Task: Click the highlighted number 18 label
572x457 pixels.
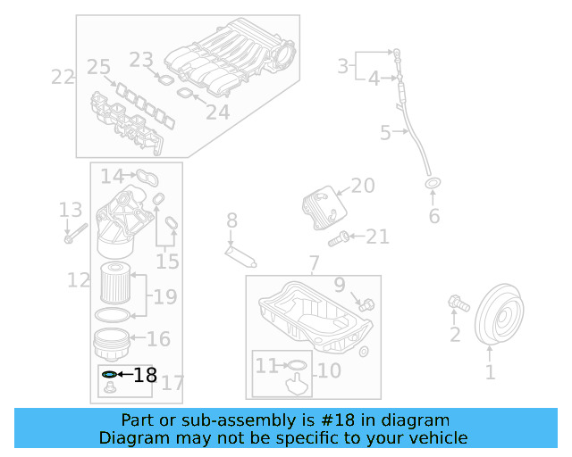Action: pos(145,375)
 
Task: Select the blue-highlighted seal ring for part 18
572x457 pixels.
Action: pos(109,375)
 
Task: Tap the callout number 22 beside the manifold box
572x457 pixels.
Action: pos(63,77)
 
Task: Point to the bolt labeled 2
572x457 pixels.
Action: pos(458,304)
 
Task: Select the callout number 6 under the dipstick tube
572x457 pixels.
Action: pos(434,216)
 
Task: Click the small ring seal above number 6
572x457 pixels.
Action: pos(433,185)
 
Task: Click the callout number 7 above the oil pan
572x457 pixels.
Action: pos(313,263)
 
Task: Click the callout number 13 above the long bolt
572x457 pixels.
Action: pos(70,211)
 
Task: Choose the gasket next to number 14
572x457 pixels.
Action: pos(147,176)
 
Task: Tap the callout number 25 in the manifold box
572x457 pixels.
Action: pos(98,67)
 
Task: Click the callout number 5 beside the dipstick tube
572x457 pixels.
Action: pos(385,134)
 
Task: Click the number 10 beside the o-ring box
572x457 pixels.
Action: pos(328,370)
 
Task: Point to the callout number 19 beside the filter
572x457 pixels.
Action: pos(164,296)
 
